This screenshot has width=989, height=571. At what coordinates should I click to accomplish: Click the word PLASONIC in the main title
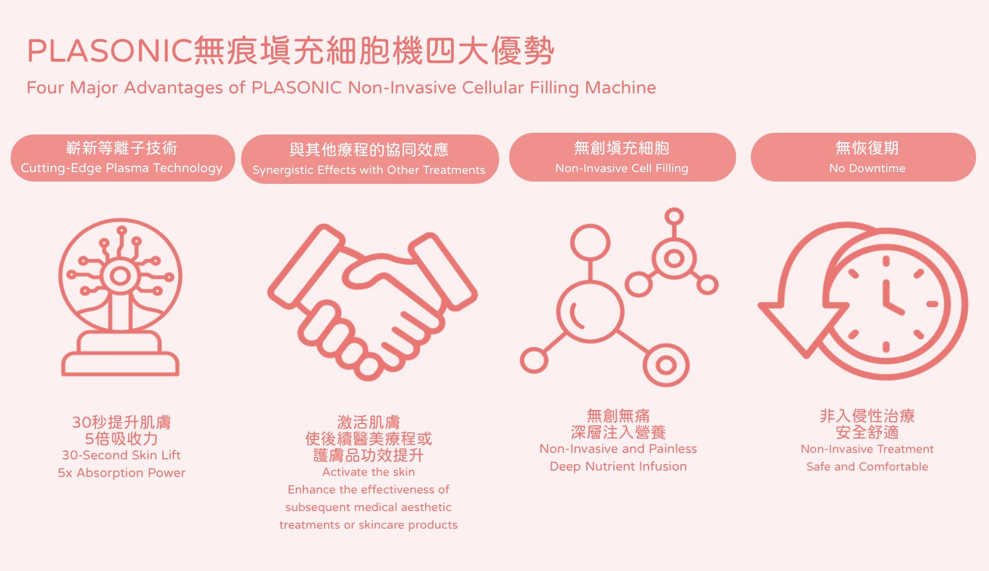(109, 51)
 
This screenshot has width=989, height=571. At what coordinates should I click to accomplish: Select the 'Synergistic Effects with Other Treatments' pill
(369, 159)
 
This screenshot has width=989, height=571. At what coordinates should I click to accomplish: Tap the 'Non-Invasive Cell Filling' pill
(622, 157)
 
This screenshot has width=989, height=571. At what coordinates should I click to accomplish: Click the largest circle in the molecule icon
(590, 311)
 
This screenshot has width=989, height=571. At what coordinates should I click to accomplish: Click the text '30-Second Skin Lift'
(122, 455)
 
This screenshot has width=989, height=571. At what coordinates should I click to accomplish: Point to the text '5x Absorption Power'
(122, 473)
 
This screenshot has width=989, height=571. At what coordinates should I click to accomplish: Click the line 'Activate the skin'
(369, 472)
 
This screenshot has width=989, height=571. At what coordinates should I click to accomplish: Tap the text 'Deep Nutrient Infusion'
(618, 466)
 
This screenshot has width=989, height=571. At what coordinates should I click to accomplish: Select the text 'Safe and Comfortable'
(867, 466)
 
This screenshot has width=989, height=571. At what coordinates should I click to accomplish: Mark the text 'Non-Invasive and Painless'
(618, 449)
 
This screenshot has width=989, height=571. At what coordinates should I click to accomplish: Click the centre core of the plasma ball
(121, 276)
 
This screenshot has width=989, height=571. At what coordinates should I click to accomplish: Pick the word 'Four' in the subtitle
(45, 88)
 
